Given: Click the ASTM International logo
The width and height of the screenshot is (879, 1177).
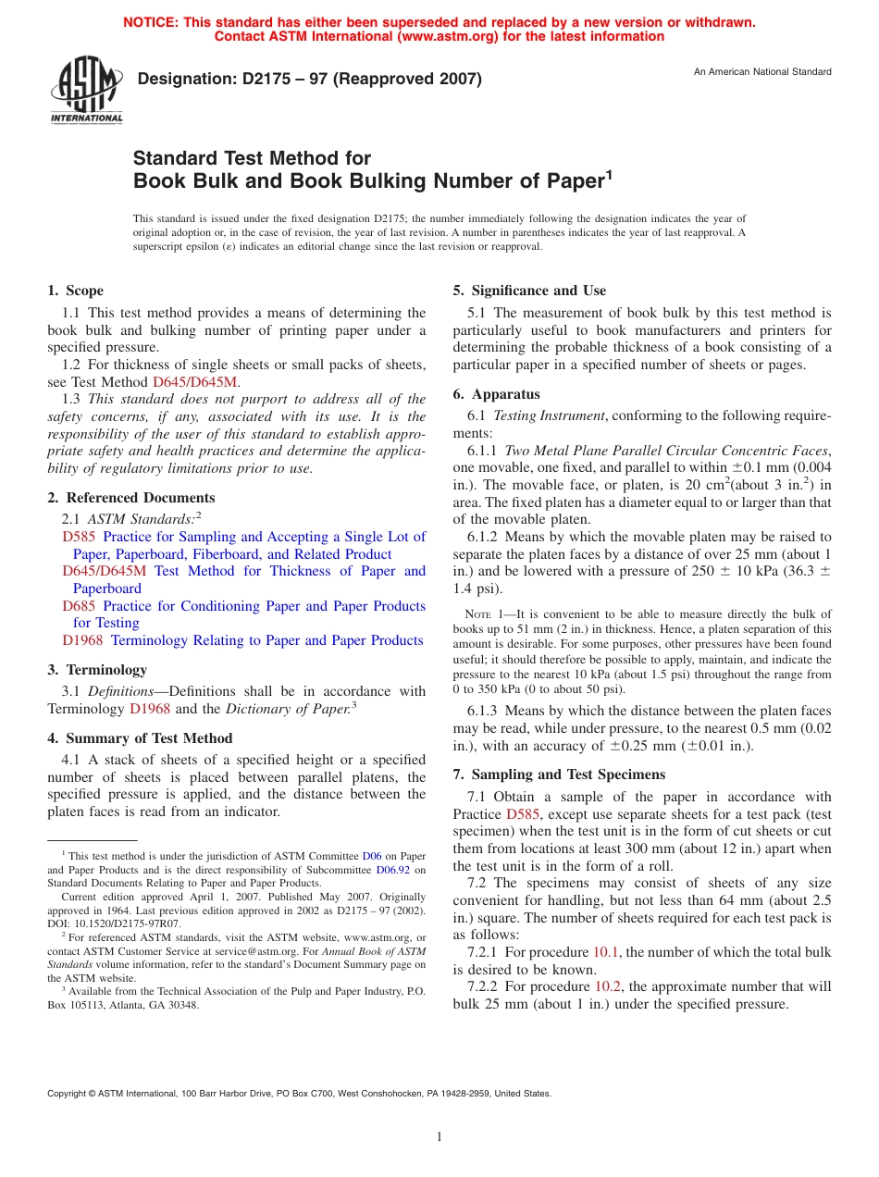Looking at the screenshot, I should coord(86,91).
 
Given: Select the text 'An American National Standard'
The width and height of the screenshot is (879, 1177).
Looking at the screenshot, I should coord(762,72).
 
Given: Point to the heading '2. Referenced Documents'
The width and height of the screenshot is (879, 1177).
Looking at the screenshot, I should coord(131,498).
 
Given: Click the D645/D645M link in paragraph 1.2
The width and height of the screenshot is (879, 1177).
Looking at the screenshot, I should coord(195,381).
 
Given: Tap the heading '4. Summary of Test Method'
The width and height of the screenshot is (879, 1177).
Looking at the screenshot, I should coord(140,738).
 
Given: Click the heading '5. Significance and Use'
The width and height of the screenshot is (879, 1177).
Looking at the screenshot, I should coord(529,291).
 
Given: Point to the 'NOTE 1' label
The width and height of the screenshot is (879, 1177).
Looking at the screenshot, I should coord(480,614).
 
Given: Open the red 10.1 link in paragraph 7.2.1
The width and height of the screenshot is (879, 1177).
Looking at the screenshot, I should coord(606,952).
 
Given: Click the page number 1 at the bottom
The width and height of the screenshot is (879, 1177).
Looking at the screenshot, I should coord(439,1137).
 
